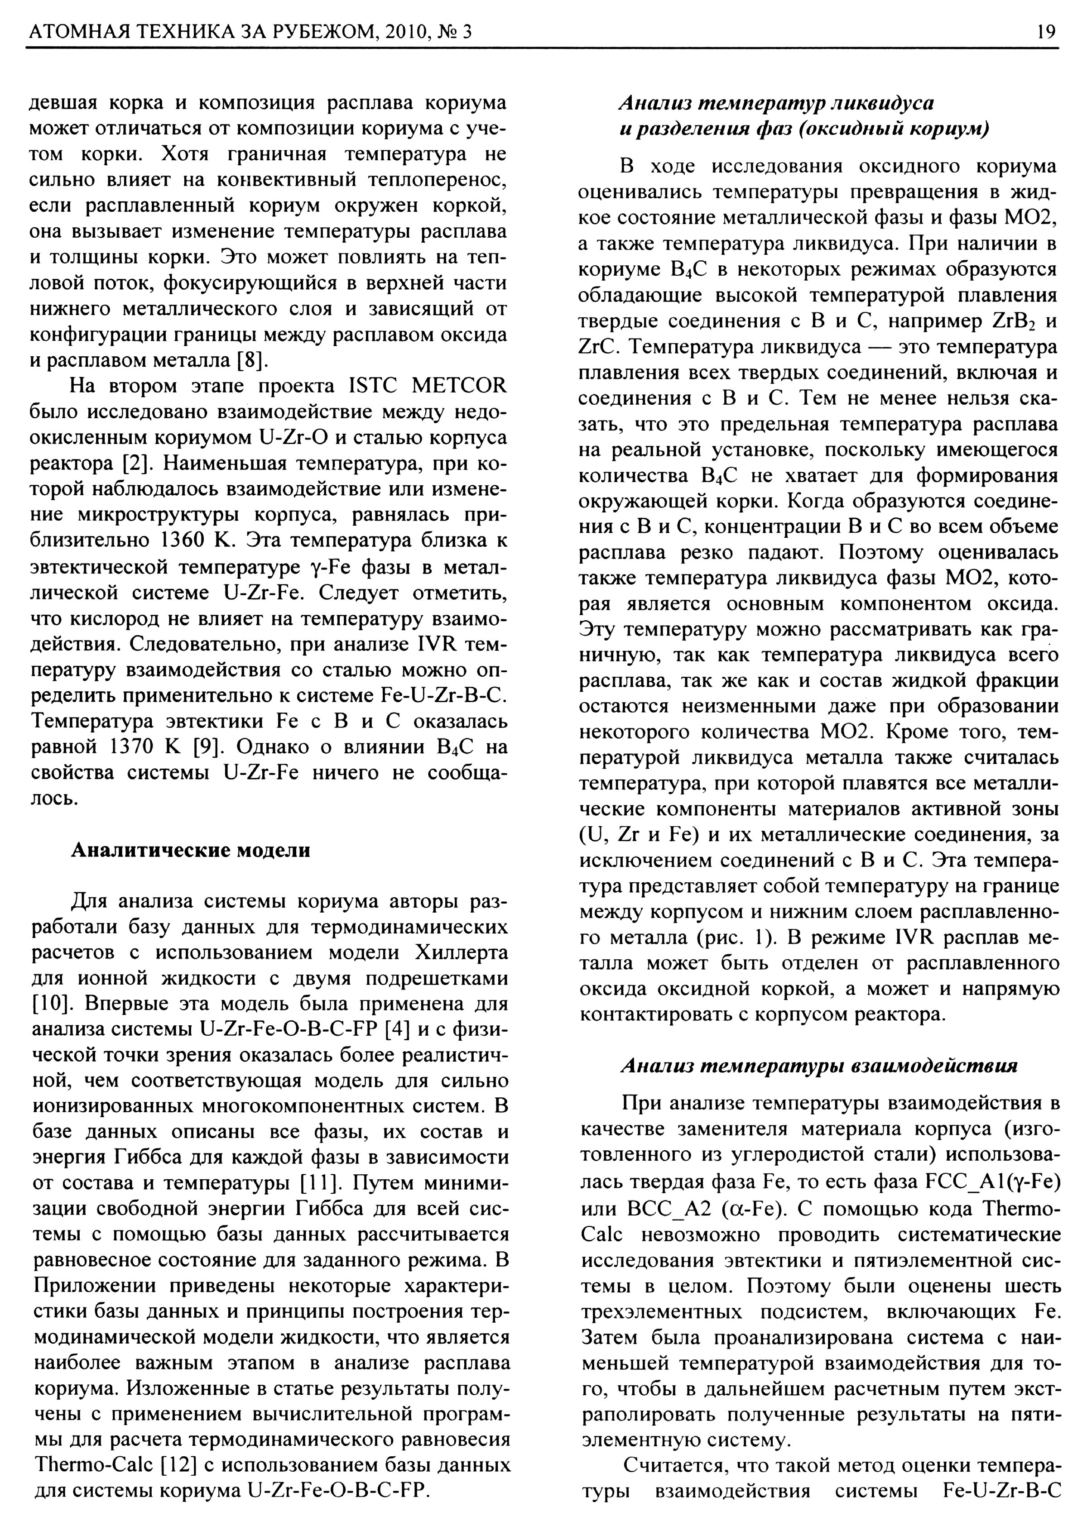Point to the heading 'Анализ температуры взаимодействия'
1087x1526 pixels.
(x=819, y=1065)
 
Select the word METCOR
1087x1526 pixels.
(x=459, y=386)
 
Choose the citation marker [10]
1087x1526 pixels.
(x=48, y=1004)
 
